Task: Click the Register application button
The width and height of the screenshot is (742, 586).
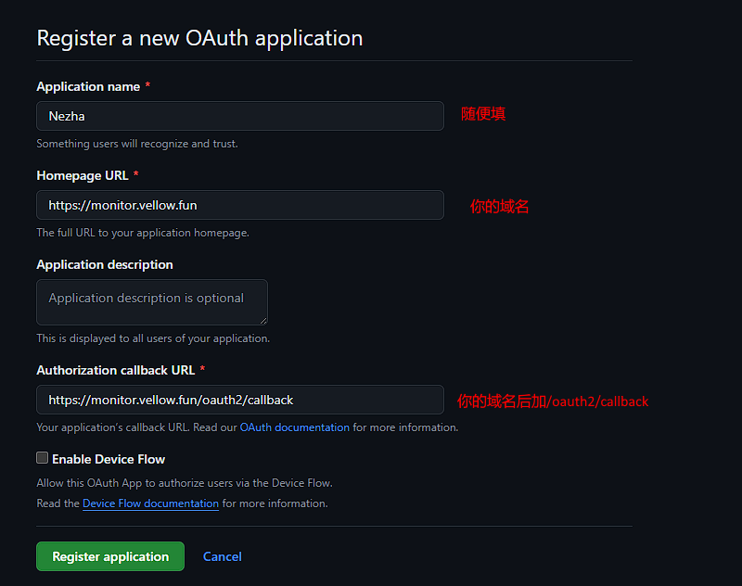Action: coord(110,556)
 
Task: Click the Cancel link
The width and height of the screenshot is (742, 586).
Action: coord(223,556)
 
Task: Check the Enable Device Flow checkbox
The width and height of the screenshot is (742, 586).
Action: coord(43,458)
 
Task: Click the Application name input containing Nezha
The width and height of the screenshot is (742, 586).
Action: coord(239,116)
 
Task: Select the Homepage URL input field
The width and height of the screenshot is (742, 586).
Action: coord(239,205)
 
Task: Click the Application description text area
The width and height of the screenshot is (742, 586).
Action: coord(151,302)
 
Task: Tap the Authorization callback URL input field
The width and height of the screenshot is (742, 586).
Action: coord(239,400)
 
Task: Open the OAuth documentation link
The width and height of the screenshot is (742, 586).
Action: coord(295,427)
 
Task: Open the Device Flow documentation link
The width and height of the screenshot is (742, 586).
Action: coord(150,503)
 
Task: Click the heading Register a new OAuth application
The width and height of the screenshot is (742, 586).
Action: coord(199,38)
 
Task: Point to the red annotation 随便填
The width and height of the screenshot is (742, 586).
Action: coord(483,114)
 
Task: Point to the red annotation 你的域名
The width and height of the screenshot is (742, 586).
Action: coord(499,207)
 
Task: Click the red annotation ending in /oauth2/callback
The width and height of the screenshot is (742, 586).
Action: coord(553,401)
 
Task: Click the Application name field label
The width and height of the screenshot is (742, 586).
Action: coord(88,86)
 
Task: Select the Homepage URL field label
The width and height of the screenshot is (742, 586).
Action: coord(83,175)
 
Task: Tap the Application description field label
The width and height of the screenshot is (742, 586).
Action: coord(105,264)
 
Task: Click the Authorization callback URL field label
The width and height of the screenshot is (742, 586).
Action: coord(116,370)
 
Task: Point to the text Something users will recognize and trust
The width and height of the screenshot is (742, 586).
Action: coord(137,144)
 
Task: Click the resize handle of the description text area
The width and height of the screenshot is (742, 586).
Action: coord(262,320)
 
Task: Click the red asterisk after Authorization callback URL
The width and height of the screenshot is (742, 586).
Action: coord(202,369)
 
